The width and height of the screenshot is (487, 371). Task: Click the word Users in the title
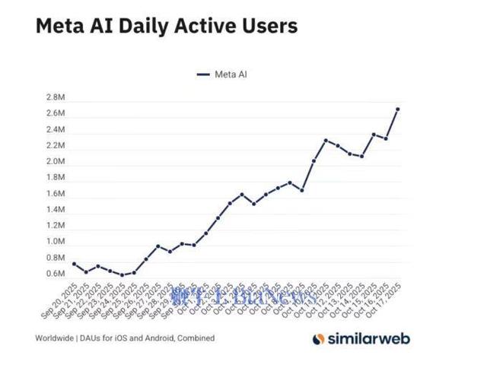[264, 26]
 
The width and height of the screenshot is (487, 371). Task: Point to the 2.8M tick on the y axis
[56, 98]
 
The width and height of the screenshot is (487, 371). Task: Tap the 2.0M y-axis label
[56, 162]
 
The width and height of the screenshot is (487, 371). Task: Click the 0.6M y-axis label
[56, 274]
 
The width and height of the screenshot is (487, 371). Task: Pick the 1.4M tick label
[56, 210]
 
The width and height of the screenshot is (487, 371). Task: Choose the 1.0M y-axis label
[56, 242]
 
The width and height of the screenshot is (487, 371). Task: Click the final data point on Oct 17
[398, 109]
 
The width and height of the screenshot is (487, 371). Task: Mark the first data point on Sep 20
[74, 264]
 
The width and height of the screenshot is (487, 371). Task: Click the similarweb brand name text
[364, 338]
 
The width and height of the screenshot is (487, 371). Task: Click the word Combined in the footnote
[195, 338]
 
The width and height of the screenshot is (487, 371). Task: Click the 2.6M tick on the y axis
[56, 114]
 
